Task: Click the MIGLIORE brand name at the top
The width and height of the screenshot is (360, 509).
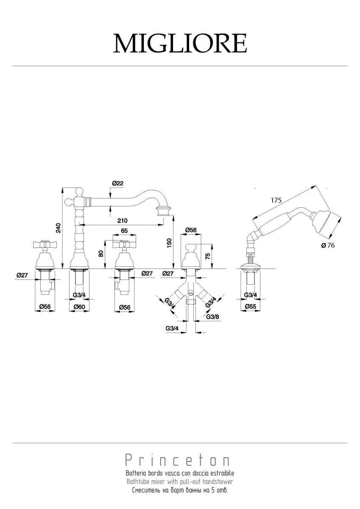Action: (180, 43)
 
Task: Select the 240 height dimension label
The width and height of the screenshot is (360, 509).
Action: (59, 228)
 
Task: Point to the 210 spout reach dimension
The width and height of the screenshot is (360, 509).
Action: (123, 220)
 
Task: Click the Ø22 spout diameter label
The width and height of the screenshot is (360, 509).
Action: (118, 183)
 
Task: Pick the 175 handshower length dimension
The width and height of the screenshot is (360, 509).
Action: (276, 200)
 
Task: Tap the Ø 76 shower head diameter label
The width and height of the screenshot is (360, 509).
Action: (328, 246)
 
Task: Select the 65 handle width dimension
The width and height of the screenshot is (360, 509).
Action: (124, 231)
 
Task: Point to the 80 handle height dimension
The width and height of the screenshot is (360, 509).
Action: (101, 253)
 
